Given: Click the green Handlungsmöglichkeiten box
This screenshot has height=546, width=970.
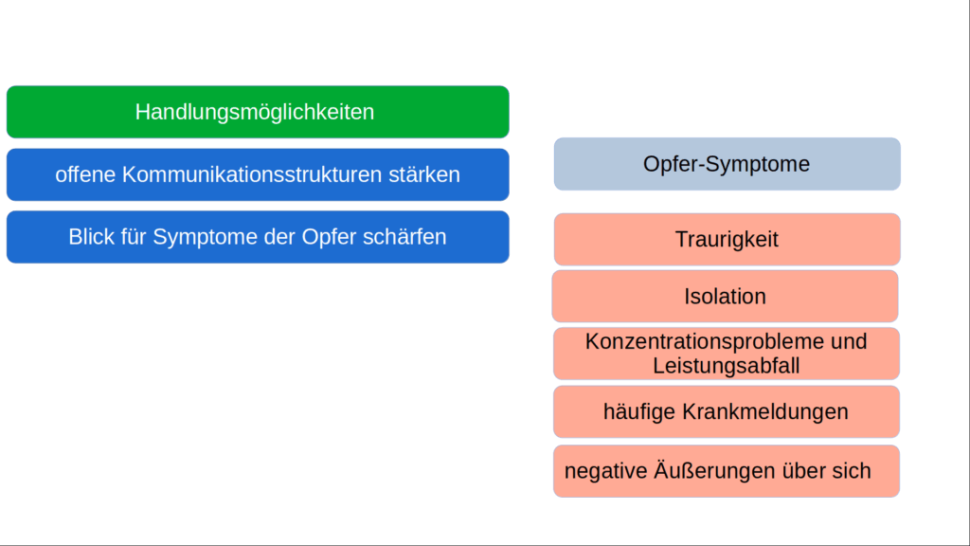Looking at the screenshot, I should (256, 112).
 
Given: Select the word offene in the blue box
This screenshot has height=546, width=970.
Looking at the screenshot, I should (86, 174).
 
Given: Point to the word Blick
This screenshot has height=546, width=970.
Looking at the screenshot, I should (91, 237).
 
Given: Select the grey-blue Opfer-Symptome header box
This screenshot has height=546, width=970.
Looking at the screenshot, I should (727, 164).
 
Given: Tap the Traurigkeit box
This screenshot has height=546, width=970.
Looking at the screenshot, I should (727, 239).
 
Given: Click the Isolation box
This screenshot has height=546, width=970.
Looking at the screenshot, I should (725, 296).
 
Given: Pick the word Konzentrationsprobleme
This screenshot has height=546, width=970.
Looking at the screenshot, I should (692, 341).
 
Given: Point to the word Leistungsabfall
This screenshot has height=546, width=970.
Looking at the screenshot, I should (727, 365).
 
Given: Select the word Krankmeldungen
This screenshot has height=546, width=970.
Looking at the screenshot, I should (761, 412).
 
